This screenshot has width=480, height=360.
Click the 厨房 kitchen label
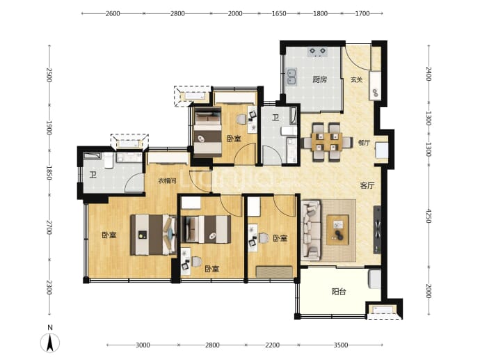tap(319, 79)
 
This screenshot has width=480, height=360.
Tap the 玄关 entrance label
tap(357, 79)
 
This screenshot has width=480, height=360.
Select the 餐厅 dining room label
tap(364, 143)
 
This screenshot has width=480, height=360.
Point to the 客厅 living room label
tap(367, 185)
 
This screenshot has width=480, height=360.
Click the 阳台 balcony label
tap(339, 291)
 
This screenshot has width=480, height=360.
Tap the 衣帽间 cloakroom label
tap(167, 181)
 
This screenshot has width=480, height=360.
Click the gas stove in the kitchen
tap(317, 52)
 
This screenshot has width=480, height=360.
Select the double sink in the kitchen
tap(291, 77)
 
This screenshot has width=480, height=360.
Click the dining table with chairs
tap(327, 142)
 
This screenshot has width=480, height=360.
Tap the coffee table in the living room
tap(337, 230)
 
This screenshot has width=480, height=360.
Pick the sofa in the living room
tap(311, 230)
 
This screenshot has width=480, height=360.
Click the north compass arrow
tap(50, 343)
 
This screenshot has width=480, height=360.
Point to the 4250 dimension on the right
tap(429, 217)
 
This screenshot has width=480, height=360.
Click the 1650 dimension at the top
tap(279, 13)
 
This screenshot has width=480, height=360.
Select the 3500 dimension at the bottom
tap(341, 345)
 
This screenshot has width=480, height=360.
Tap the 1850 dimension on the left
tap(49, 173)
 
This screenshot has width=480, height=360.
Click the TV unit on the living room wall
tap(377, 230)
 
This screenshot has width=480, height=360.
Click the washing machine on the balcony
tap(375, 279)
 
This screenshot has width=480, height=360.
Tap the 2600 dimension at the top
tap(113, 13)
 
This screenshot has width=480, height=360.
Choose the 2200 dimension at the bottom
tap(272, 345)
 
